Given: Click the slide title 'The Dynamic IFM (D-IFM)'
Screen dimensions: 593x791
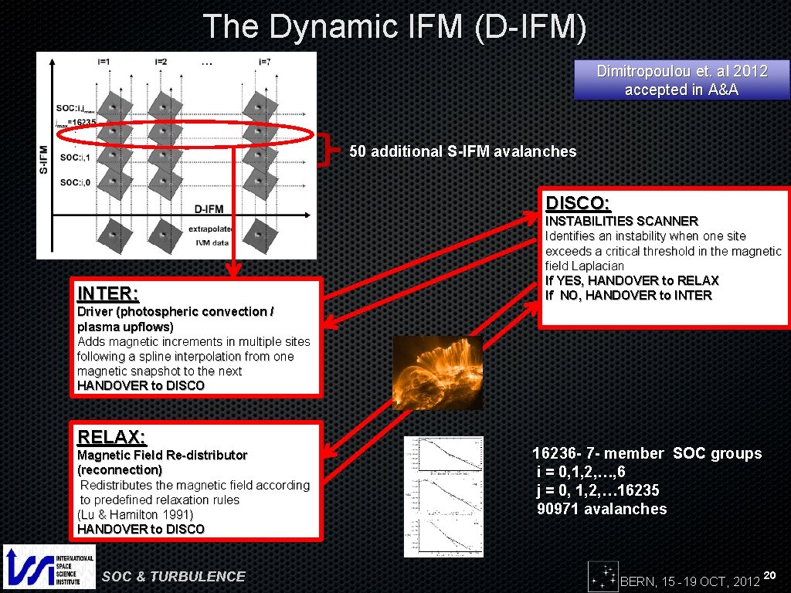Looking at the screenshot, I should tap(395, 26).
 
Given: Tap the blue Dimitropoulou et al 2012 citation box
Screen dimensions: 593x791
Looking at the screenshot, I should tap(681, 80).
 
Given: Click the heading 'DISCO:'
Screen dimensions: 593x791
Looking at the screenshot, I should tap(578, 203).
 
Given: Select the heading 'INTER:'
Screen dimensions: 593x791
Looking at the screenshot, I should tap(108, 294).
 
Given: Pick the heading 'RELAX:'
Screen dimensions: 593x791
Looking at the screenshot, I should tap(111, 437).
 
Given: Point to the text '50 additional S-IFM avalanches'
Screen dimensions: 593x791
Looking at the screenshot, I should tap(463, 151).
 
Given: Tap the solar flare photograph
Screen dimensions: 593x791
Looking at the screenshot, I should tap(437, 373).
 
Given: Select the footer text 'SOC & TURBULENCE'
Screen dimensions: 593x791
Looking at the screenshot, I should tap(174, 576).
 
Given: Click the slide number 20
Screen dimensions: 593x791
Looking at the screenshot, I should tap(769, 575).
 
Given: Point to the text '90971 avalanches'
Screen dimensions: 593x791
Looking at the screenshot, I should tap(602, 509).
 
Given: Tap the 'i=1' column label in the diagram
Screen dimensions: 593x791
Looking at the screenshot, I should tap(104, 62).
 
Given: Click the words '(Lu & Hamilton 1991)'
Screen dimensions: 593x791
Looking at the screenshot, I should tap(135, 514).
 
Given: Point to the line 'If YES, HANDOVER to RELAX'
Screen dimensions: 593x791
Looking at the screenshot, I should tap(632, 280).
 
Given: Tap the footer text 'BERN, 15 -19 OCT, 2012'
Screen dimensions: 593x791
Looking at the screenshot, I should tap(690, 581).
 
